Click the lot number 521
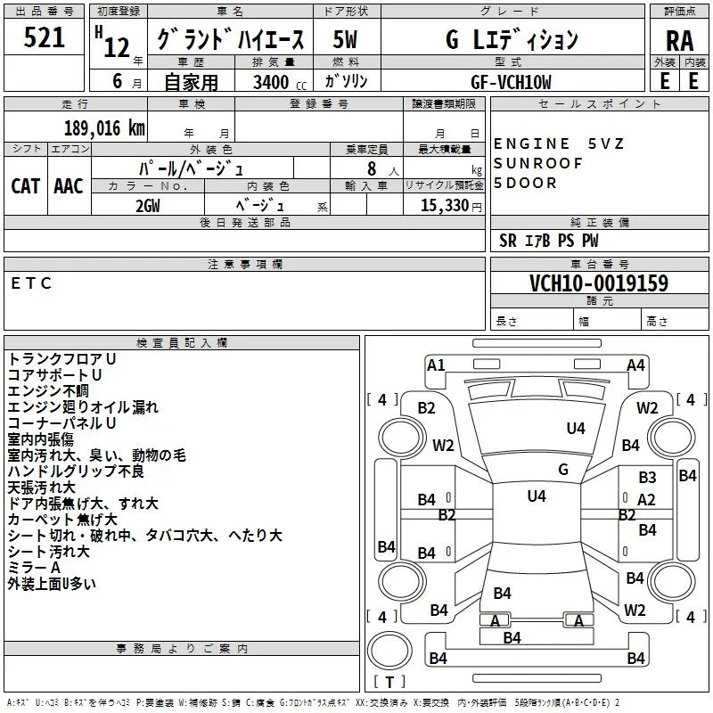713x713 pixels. tap(44, 37)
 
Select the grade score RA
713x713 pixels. tap(679, 41)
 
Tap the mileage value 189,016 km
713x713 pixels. tap(104, 128)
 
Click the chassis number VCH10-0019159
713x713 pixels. tap(599, 283)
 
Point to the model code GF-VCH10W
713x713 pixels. tap(511, 82)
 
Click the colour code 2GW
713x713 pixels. tap(148, 206)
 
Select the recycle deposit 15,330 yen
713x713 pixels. tap(451, 206)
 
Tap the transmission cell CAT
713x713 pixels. tap(26, 186)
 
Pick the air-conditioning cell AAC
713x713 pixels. tap(69, 186)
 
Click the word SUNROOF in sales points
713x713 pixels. tap(538, 163)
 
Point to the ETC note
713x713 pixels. tap(31, 283)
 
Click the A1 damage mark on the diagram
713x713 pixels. tap(436, 365)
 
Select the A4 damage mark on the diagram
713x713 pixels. tap(635, 365)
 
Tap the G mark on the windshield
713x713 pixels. tap(563, 469)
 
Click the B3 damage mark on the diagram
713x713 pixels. tap(647, 478)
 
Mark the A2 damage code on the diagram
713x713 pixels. tap(646, 500)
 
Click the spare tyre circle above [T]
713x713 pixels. tap(389, 651)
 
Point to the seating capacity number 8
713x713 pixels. tap(372, 168)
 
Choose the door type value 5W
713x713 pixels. tap(345, 39)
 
